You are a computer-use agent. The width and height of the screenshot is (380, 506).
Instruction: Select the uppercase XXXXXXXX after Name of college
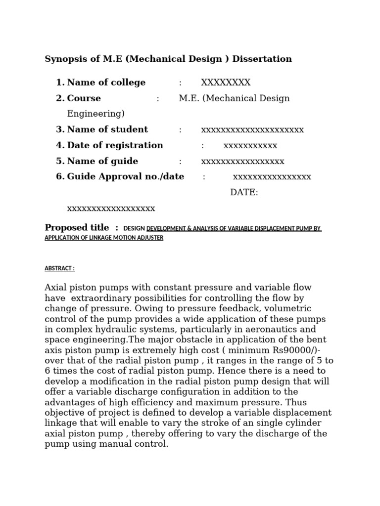tap(226, 83)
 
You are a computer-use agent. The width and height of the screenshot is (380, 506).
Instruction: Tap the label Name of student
tap(107, 129)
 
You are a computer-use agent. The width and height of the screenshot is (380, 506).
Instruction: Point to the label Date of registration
tap(115, 145)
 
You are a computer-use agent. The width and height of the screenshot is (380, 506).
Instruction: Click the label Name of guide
tap(102, 161)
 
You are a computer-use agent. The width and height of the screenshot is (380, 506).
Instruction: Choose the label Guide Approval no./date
tap(126, 177)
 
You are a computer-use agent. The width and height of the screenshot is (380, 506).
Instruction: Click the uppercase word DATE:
tap(244, 193)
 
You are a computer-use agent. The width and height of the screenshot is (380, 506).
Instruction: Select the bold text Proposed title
tap(77, 228)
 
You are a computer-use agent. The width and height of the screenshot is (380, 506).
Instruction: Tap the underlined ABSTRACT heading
tap(59, 268)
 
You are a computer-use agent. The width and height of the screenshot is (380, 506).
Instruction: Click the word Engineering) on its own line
tap(96, 114)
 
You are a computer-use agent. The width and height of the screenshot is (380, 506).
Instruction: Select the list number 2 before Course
tap(60, 98)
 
